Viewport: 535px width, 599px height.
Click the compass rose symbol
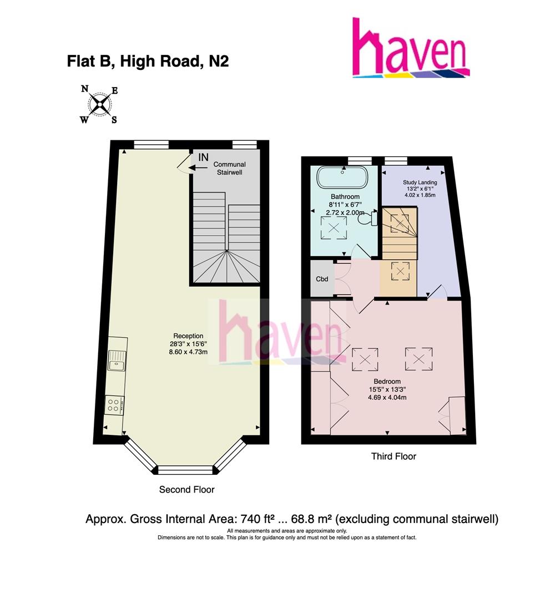click(100, 104)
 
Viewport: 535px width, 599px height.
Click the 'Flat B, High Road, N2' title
click(148, 62)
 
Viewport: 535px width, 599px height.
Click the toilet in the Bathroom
click(368, 219)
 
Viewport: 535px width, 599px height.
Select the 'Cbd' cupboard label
click(322, 278)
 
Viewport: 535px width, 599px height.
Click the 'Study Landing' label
click(419, 182)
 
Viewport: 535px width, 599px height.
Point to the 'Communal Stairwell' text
click(229, 169)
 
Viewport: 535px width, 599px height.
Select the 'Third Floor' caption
click(393, 456)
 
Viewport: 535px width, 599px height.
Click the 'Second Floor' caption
click(186, 490)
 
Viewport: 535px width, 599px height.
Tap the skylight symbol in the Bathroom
click(335, 227)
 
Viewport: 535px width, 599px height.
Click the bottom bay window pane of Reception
click(186, 470)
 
